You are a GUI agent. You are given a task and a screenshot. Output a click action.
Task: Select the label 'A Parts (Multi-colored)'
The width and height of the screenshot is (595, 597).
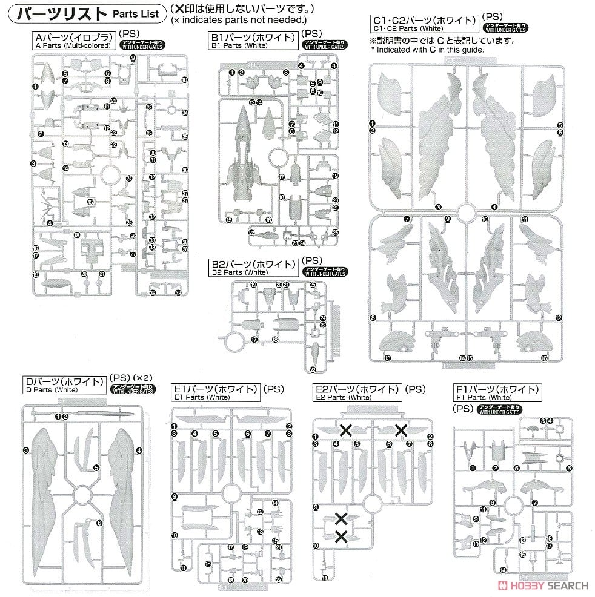pyautogui.click(x=73, y=45)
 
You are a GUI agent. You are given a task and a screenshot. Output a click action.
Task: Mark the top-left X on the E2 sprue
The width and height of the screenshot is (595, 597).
pyautogui.click(x=346, y=430)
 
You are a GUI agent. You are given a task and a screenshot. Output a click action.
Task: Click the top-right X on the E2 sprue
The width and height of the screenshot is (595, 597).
pyautogui.click(x=401, y=430)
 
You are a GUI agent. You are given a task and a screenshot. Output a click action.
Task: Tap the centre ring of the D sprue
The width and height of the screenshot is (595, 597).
pyautogui.click(x=82, y=497)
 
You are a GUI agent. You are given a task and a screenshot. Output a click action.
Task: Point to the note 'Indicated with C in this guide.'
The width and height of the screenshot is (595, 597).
pyautogui.click(x=430, y=50)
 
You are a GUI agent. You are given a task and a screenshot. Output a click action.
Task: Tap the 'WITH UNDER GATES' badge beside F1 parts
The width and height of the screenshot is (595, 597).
pyautogui.click(x=499, y=410)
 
